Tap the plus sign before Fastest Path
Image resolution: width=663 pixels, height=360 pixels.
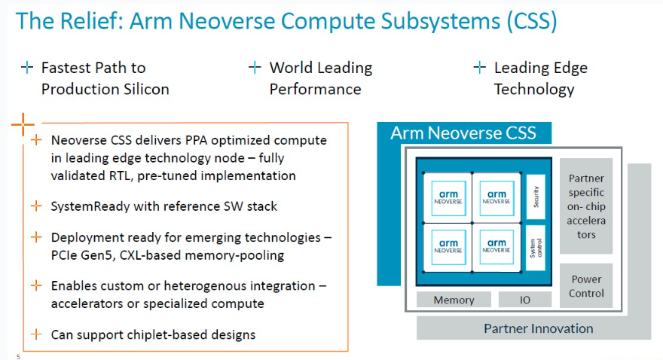27,68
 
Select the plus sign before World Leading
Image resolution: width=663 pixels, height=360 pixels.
255,68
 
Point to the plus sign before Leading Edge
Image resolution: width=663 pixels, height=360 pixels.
479,68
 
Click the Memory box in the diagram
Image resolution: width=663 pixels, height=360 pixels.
454,300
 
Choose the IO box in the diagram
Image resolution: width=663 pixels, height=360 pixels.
524,300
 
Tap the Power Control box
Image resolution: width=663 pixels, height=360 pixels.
586,286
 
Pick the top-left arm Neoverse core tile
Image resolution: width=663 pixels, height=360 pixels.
448,197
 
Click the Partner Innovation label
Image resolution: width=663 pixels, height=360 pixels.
538,328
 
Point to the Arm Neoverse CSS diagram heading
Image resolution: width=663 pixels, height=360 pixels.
463,133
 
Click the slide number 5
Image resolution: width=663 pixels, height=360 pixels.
18,356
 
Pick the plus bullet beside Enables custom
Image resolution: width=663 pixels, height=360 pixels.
36,285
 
